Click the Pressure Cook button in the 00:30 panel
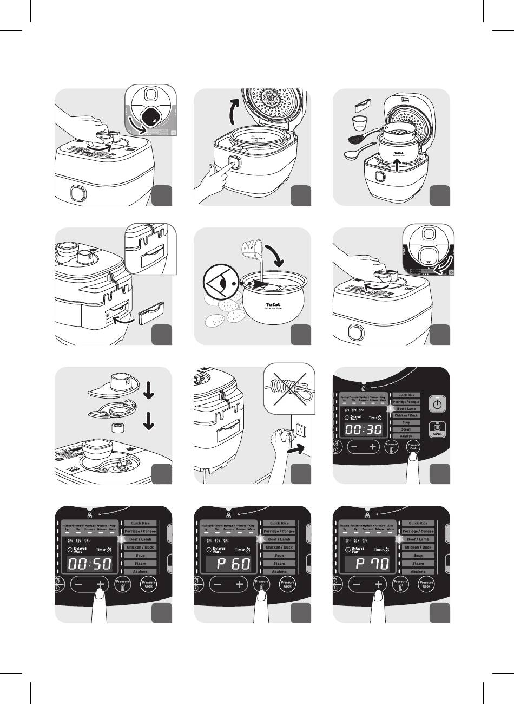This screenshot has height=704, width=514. (413, 447)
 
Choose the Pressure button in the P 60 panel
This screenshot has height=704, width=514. (261, 584)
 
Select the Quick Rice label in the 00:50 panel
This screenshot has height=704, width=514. (140, 523)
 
